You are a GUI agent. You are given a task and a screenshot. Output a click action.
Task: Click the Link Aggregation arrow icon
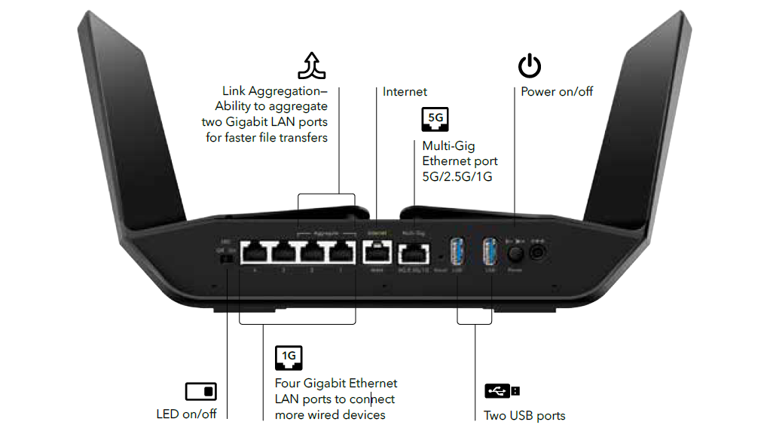(316, 66)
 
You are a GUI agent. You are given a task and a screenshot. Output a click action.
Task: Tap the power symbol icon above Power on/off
(529, 66)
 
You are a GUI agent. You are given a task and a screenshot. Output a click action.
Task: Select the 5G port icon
(435, 119)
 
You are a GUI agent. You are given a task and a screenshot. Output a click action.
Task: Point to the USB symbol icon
(501, 391)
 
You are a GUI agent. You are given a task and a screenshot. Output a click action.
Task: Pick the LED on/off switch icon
(200, 391)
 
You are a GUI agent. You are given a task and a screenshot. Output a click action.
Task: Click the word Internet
(405, 92)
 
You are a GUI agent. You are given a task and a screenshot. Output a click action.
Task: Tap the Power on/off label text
(557, 92)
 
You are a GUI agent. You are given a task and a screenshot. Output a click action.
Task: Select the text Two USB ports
(524, 416)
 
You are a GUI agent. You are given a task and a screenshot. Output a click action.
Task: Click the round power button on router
(515, 250)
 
